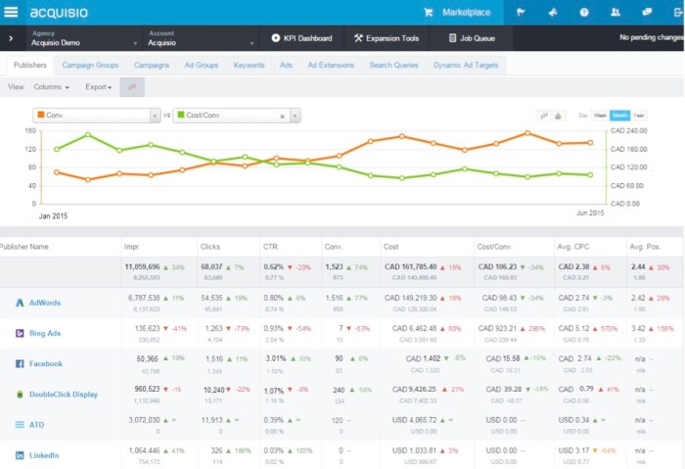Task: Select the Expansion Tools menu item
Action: point(387,39)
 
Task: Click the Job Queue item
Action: point(472,39)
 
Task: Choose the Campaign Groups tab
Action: point(90,65)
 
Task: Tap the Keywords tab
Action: point(249,65)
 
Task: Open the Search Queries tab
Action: point(394,65)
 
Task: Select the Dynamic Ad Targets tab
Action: point(466,65)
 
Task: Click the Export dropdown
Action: point(98,87)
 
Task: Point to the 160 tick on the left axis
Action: point(29,130)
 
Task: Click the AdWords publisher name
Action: point(45,303)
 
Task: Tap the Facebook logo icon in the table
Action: point(20,363)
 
